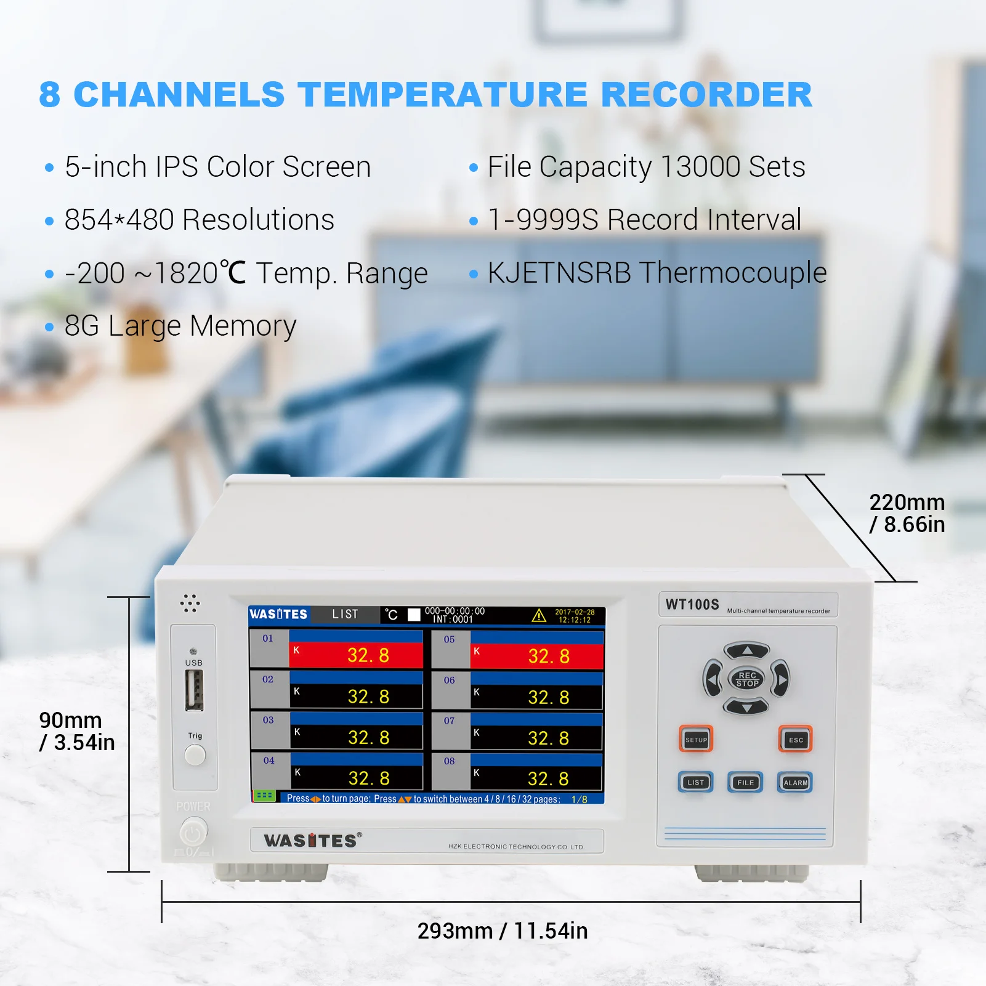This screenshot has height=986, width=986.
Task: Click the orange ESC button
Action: pyautogui.click(x=795, y=739)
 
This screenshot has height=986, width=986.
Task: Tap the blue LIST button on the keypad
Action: pyautogui.click(x=695, y=782)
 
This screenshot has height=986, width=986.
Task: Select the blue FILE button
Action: pyautogui.click(x=745, y=782)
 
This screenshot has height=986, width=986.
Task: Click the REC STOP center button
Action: pyautogui.click(x=746, y=679)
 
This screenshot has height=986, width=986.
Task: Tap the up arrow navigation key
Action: pyautogui.click(x=746, y=650)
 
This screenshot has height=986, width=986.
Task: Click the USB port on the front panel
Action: pyautogui.click(x=194, y=690)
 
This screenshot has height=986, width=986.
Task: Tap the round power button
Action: pyautogui.click(x=193, y=834)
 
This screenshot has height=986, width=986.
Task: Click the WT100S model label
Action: pyautogui.click(x=692, y=605)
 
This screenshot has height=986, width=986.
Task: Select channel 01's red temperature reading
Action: pyautogui.click(x=368, y=655)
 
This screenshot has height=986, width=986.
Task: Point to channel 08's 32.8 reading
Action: pyautogui.click(x=548, y=779)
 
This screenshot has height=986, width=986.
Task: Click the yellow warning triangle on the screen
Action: pyautogui.click(x=539, y=615)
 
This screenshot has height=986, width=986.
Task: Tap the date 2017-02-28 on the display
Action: pyautogui.click(x=575, y=612)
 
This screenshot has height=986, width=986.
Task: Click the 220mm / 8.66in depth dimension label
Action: pyautogui.click(x=907, y=513)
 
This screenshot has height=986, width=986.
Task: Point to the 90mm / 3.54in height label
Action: pyautogui.click(x=76, y=731)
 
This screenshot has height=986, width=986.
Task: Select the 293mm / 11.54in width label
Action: pyautogui.click(x=503, y=931)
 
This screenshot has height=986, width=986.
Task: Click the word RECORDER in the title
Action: pyautogui.click(x=706, y=95)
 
